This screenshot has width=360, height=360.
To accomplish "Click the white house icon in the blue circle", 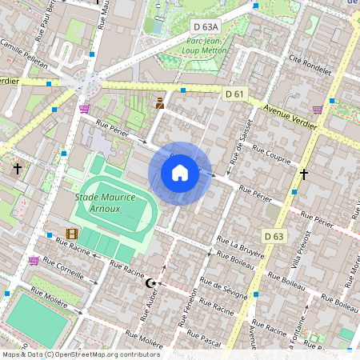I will (x=180, y=173).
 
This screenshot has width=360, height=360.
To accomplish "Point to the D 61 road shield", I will (x=234, y=94).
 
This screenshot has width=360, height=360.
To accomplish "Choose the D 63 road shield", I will (x=274, y=235).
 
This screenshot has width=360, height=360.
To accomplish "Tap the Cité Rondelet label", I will (x=310, y=64).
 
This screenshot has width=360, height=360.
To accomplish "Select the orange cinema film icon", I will (x=72, y=234).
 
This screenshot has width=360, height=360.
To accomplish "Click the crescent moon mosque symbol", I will (x=150, y=283).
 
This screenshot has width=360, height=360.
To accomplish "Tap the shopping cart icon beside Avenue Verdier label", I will (x=318, y=110).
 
